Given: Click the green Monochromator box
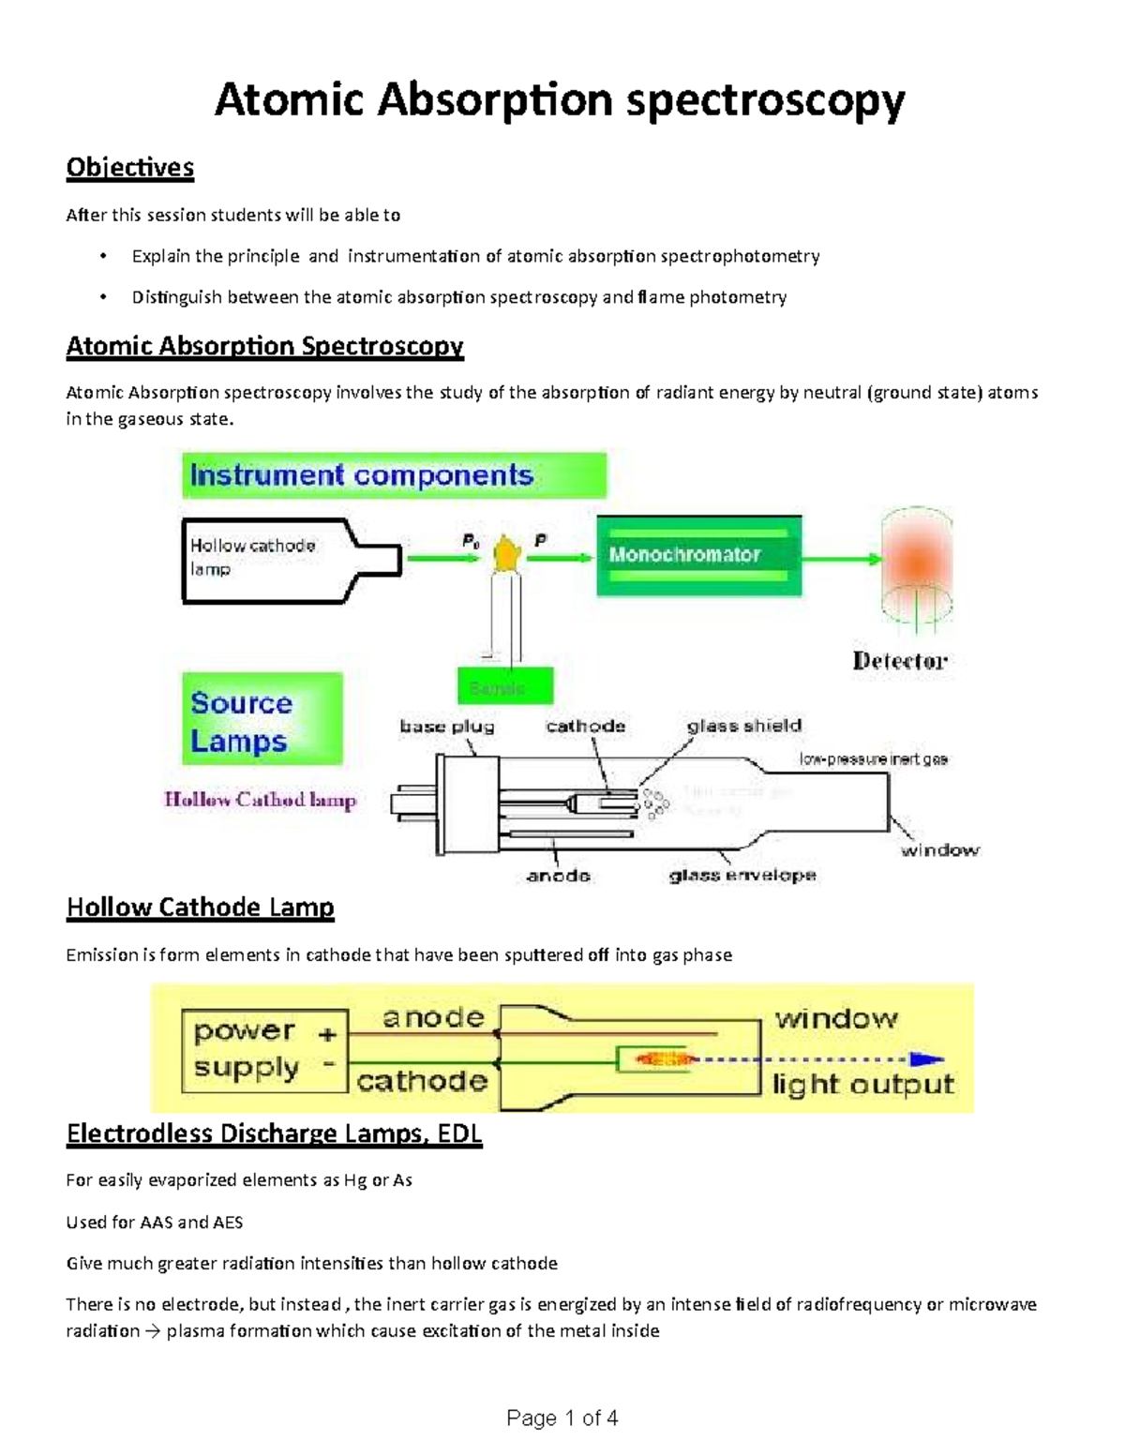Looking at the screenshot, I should [698, 555].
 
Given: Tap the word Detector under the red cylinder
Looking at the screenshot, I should [899, 661].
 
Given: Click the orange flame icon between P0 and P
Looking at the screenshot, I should [507, 554].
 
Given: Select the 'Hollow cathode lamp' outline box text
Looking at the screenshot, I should [252, 557].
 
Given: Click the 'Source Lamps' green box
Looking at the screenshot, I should [261, 719].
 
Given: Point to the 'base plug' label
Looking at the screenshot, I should [446, 727].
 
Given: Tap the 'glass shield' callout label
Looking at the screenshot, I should [743, 726].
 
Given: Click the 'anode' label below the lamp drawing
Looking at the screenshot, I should [558, 876].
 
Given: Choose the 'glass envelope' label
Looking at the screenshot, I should [742, 876].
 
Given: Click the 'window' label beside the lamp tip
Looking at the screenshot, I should [939, 850].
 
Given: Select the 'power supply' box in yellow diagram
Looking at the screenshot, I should [263, 1050].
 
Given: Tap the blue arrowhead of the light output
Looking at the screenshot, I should [928, 1059].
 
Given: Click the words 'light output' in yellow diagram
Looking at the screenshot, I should [862, 1085].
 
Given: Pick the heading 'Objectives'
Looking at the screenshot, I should [129, 168].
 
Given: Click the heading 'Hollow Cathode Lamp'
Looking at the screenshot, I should [200, 908].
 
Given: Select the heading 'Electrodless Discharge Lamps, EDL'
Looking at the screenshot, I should [274, 1134].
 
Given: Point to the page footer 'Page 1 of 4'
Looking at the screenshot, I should [562, 1418].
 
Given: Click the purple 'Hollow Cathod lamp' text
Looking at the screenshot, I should [260, 800].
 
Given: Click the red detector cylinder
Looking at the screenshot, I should [915, 566].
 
